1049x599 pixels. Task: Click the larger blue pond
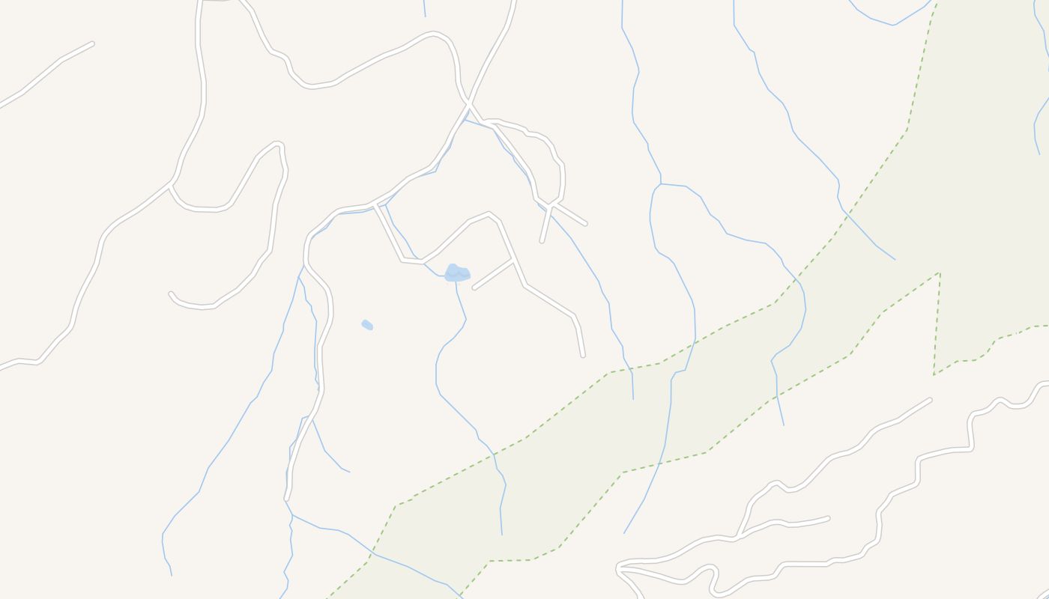(456, 273)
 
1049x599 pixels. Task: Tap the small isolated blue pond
(367, 324)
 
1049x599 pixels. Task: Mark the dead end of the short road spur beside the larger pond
(474, 288)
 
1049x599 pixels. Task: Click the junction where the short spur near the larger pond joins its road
(513, 261)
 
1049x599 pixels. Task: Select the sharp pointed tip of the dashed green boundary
(939, 273)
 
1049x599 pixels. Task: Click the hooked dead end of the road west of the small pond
(171, 294)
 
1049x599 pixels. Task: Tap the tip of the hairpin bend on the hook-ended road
(279, 144)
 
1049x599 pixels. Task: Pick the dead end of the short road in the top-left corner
(92, 43)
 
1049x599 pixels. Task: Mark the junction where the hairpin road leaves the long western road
(172, 185)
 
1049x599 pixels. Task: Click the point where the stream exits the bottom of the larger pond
(456, 282)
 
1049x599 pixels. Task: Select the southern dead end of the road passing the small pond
(287, 498)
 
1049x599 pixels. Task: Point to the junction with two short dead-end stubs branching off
(552, 204)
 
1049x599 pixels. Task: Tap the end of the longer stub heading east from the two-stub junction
(585, 223)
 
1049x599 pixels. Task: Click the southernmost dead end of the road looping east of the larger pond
(582, 355)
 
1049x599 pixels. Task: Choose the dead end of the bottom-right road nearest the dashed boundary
(930, 400)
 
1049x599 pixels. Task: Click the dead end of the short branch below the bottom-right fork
(828, 517)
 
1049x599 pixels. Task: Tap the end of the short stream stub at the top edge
(425, 16)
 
